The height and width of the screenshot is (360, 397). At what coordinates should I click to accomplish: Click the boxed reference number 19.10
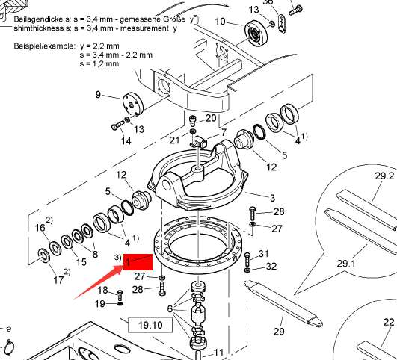pyautogui.click(x=150, y=325)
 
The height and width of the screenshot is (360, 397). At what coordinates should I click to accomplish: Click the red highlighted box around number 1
pyautogui.click(x=138, y=262)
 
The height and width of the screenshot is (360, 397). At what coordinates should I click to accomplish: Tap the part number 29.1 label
pyautogui.click(x=346, y=264)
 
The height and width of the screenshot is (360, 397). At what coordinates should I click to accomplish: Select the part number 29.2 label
pyautogui.click(x=384, y=176)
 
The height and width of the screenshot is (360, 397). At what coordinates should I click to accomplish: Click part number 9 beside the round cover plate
pyautogui.click(x=98, y=94)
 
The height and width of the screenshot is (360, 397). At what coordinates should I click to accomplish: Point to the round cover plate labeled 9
pyautogui.click(x=133, y=104)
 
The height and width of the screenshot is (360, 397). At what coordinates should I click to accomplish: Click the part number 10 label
pyautogui.click(x=220, y=22)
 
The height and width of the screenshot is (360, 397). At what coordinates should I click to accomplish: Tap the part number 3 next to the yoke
pyautogui.click(x=272, y=198)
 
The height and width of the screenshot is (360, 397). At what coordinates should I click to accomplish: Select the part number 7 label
pyautogui.click(x=224, y=132)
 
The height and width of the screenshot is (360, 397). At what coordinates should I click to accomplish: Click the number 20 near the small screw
pyautogui.click(x=211, y=118)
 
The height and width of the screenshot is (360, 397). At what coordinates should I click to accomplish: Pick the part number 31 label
pyautogui.click(x=263, y=253)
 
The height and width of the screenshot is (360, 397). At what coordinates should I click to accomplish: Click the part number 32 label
pyautogui.click(x=271, y=267)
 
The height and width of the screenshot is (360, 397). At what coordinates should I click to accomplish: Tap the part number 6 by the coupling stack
pyautogui.click(x=170, y=308)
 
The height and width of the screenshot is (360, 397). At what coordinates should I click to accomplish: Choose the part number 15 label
pyautogui.click(x=81, y=262)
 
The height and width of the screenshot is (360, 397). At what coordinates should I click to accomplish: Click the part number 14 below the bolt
pyautogui.click(x=126, y=140)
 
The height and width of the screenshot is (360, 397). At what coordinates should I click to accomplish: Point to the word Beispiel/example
pyautogui.click(x=45, y=46)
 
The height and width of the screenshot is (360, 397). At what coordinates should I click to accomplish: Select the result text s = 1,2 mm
pyautogui.click(x=99, y=63)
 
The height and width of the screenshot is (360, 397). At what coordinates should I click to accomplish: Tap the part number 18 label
pyautogui.click(x=102, y=291)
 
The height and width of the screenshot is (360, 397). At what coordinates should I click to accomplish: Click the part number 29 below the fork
pyautogui.click(x=279, y=331)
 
